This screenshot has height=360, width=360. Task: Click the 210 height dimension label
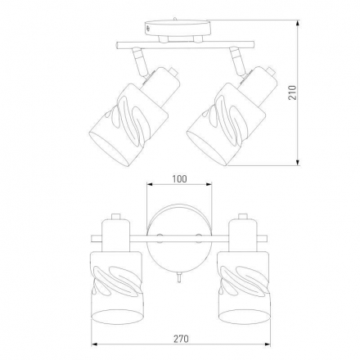point(292,92)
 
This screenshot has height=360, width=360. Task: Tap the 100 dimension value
point(179,179)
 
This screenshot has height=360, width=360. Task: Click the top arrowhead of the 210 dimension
point(298,23)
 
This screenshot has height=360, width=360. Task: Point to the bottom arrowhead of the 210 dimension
point(298,163)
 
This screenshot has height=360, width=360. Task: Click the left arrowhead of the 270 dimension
point(94,344)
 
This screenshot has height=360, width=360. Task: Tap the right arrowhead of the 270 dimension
point(268,344)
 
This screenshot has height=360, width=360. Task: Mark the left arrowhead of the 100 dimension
point(151,184)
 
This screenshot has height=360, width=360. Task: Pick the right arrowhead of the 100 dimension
point(209,184)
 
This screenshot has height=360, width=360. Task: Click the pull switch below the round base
point(178,277)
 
